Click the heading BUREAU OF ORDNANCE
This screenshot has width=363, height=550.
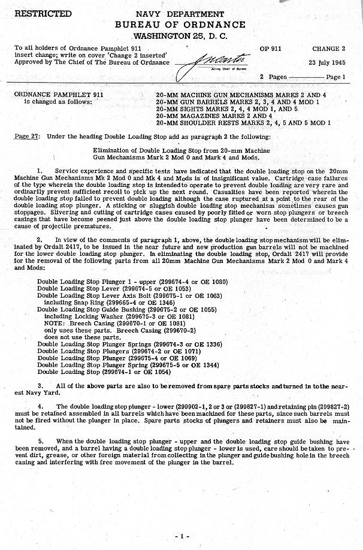pyautogui.click(x=181, y=25)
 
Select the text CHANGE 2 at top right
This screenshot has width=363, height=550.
pyautogui.click(x=328, y=49)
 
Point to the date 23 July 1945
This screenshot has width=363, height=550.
pyautogui.click(x=328, y=62)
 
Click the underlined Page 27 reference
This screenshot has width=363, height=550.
pyautogui.click(x=27, y=137)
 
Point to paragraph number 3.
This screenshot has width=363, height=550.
pyautogui.click(x=40, y=385)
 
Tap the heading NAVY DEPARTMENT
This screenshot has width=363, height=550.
pyautogui.click(x=181, y=13)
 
